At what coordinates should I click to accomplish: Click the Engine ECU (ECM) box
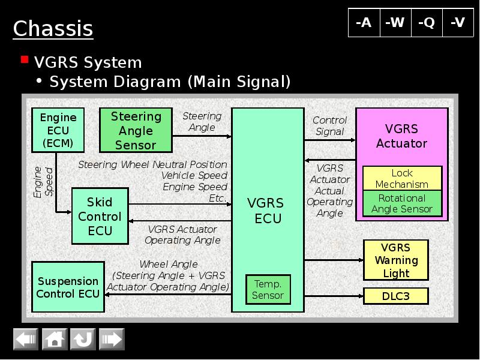point(58,130)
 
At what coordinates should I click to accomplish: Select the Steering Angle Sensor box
point(136,130)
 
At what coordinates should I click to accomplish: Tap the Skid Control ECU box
point(100,216)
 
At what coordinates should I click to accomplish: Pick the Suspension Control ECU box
point(68,287)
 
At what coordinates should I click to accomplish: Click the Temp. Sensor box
point(268,289)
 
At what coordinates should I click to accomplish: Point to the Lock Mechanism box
point(402,178)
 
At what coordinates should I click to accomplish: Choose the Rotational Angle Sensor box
point(402,203)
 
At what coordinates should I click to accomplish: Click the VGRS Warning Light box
point(396,260)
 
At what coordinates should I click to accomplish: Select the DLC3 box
point(396,296)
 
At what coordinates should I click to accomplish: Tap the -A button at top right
point(364,23)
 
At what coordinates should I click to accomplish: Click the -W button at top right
point(395,23)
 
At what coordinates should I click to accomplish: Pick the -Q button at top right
point(427,23)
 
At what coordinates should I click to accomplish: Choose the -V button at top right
point(458,23)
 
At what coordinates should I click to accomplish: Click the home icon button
point(55,340)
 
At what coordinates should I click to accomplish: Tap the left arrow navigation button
point(26,340)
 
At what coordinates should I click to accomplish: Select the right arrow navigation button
point(111,340)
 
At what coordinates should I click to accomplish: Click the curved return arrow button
point(83,340)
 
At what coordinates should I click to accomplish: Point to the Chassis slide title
point(53,28)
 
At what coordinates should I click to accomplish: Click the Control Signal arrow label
point(329,126)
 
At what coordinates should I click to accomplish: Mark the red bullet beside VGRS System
point(25,59)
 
